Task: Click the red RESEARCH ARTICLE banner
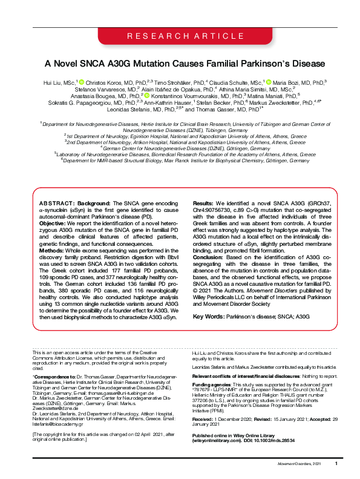point(180,37)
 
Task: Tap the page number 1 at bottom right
point(336,463)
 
